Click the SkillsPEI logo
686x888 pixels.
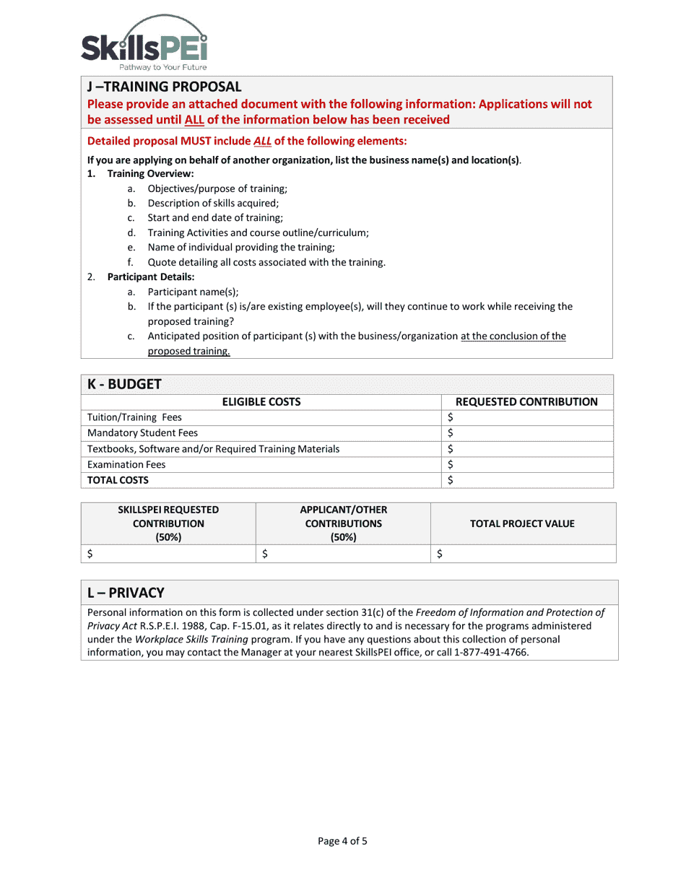coord(144,43)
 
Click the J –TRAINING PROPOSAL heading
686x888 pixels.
coord(164,87)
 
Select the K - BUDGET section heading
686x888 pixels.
coord(124,384)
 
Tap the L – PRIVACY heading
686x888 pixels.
coord(126,593)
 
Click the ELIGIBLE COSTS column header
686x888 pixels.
coord(261,402)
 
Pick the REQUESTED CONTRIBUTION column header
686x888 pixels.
coord(526,402)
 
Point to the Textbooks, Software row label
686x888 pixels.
coord(213,449)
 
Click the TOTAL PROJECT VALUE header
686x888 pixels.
coord(522,523)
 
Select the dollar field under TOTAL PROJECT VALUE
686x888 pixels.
coord(523,554)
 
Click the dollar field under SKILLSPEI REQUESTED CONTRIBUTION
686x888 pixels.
coord(168,554)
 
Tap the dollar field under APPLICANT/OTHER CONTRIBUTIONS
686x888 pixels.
coord(343,554)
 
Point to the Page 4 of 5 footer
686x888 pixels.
coord(343,840)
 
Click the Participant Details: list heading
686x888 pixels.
coord(151,277)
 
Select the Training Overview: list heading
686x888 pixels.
coord(150,174)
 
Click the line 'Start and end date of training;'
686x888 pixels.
coord(215,218)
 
